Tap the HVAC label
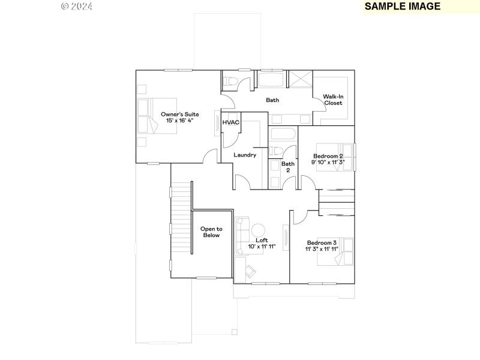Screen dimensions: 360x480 click(x=231, y=122)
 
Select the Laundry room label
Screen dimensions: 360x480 click(x=245, y=155)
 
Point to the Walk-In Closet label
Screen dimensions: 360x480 click(x=333, y=100)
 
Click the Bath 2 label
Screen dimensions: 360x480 click(x=288, y=167)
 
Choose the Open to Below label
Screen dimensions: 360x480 click(x=211, y=232)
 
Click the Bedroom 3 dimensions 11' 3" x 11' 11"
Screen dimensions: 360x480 click(x=322, y=248)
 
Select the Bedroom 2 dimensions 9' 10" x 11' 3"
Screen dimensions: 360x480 click(x=328, y=162)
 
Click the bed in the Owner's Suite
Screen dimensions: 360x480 click(x=158, y=116)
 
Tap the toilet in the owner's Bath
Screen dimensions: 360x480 click(x=231, y=81)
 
